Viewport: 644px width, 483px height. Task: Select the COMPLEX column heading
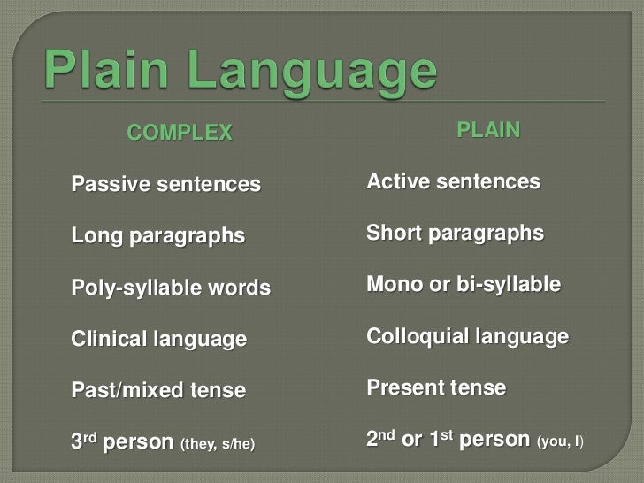pos(180,134)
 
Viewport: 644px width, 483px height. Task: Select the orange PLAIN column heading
pos(488,131)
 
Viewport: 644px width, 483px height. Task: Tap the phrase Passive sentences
pos(166,186)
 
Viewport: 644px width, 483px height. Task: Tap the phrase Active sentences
pos(453,182)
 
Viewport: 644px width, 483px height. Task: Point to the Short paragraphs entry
pos(455,234)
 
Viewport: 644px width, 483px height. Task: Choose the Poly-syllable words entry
pos(171,289)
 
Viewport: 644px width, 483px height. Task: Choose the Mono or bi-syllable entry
pos(464,286)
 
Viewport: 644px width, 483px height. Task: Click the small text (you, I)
pos(561,440)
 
